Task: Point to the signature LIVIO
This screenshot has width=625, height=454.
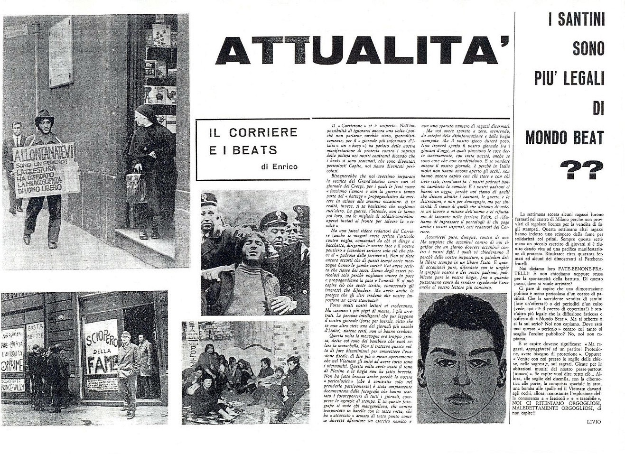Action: tap(593, 422)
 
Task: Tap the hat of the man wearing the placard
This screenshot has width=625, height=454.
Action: tap(44, 116)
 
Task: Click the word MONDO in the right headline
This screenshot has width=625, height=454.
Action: tap(546, 138)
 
